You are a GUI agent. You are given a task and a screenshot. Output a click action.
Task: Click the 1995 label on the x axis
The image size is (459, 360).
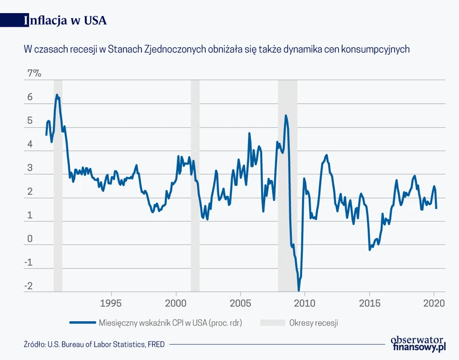(x=111, y=302)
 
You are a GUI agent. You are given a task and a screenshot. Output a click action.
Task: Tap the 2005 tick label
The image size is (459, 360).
(x=240, y=302)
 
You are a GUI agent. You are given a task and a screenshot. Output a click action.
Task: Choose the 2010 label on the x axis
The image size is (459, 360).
(x=304, y=302)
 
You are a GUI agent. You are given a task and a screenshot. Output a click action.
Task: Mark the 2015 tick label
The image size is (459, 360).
(x=369, y=302)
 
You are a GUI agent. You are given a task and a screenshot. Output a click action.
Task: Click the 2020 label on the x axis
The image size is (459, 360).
(x=434, y=302)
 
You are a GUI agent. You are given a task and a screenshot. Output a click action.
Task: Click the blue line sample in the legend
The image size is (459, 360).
(x=82, y=322)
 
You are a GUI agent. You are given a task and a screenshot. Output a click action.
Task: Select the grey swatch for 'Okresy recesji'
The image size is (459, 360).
(x=272, y=322)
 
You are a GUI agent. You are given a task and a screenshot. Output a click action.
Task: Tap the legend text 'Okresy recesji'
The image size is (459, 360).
(x=314, y=322)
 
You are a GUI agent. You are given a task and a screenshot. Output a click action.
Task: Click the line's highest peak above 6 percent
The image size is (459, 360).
(x=56, y=95)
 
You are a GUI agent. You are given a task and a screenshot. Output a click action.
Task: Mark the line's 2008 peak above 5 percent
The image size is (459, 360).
(x=286, y=116)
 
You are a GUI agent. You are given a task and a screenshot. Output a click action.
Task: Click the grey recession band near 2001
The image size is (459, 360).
(x=195, y=182)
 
